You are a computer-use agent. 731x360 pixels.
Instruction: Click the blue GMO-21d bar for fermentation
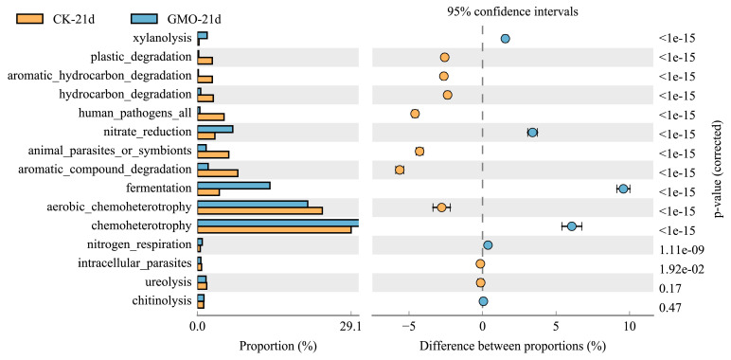click(x=234, y=185)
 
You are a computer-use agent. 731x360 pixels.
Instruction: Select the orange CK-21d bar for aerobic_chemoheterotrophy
click(x=259, y=210)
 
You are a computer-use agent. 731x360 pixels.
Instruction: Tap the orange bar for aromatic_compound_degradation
click(x=218, y=173)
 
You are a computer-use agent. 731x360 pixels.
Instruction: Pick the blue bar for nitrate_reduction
click(x=215, y=129)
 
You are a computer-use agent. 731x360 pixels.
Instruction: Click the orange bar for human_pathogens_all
click(x=211, y=117)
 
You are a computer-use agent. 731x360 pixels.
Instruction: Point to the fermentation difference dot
click(x=623, y=189)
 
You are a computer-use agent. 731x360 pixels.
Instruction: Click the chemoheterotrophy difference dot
click(x=572, y=226)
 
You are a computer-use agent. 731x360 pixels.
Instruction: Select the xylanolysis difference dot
click(x=506, y=39)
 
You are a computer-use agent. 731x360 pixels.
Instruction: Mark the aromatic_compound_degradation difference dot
click(x=400, y=170)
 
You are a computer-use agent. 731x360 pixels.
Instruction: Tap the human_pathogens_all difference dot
click(x=415, y=114)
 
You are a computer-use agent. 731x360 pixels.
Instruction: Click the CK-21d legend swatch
click(x=30, y=18)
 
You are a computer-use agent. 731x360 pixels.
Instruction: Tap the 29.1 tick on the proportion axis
click(x=350, y=327)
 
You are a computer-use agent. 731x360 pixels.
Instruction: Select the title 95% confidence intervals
click(x=513, y=12)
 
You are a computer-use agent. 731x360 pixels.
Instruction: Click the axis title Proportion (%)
click(x=278, y=346)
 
